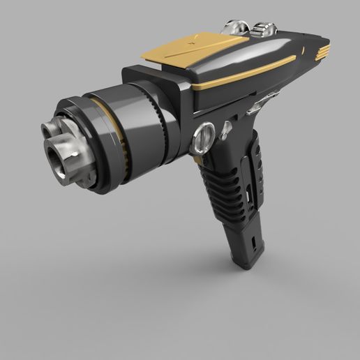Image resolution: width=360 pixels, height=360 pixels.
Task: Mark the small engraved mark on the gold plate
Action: pos(190,43)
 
